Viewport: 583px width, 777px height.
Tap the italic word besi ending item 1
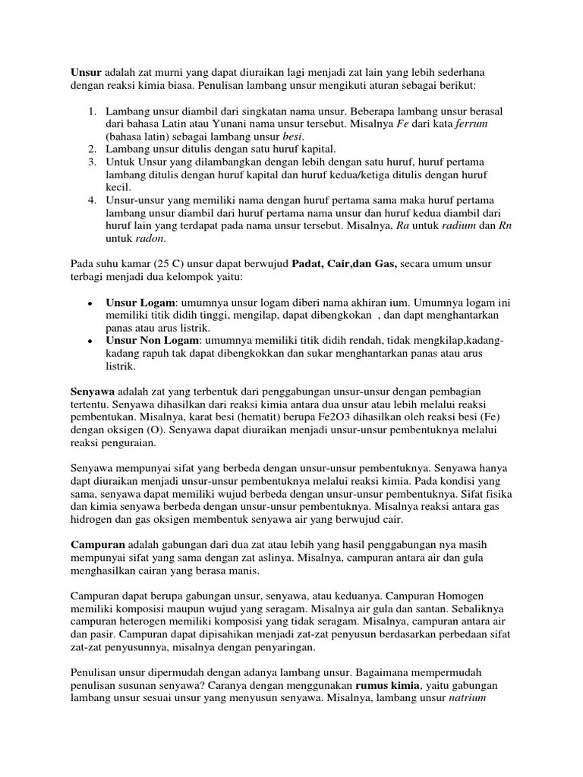point(293,137)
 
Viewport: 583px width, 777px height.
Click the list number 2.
point(91,149)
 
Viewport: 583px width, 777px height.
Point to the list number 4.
point(91,200)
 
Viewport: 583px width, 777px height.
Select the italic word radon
point(150,239)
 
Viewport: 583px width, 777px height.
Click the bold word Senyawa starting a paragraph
point(92,393)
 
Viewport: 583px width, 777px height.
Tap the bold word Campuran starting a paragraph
point(97,545)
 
